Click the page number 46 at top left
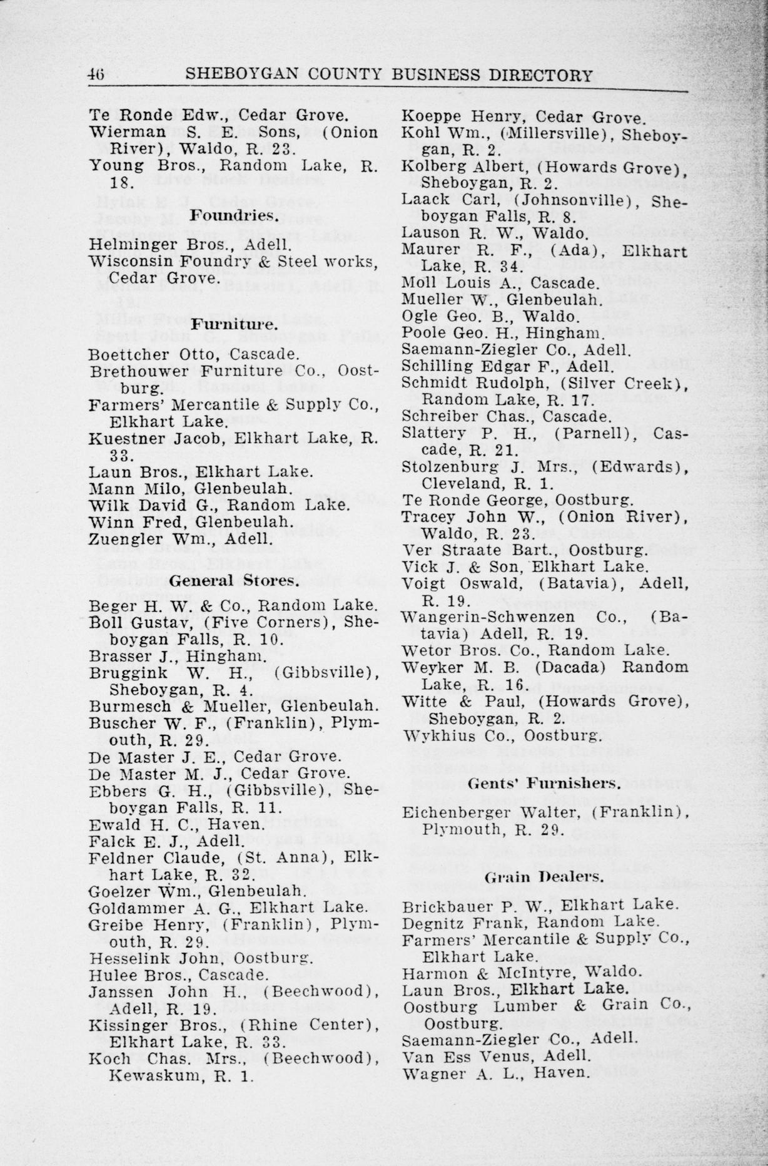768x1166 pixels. [x=96, y=75]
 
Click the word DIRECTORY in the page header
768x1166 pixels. [x=540, y=76]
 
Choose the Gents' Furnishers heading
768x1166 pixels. [x=544, y=783]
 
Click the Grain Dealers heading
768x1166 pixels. [x=544, y=877]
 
